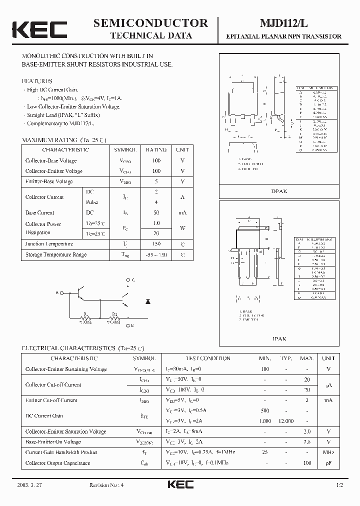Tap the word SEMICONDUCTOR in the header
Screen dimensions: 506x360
[x=150, y=22]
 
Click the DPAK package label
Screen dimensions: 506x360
[x=279, y=191]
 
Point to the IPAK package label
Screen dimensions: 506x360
[x=279, y=338]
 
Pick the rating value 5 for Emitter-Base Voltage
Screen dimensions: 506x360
[x=156, y=181]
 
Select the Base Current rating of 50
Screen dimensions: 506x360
[x=156, y=213]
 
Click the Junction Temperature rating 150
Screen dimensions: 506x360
[x=156, y=244]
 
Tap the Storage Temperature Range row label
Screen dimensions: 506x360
[x=56, y=254]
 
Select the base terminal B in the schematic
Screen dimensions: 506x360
[x=57, y=293]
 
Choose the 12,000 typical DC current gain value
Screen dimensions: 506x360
[x=286, y=421]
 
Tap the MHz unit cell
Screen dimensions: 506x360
[x=328, y=452]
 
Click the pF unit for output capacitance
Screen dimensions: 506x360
[x=328, y=463]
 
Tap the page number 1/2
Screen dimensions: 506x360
[x=339, y=485]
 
